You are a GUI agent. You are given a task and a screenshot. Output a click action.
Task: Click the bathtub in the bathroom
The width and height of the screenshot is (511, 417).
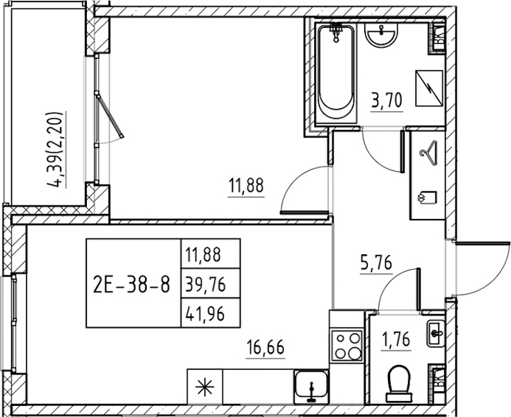coord(336,73)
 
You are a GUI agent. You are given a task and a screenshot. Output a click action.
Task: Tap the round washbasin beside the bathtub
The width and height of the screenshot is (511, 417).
coord(382,36)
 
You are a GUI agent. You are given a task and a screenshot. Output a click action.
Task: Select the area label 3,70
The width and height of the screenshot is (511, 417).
coord(387,100)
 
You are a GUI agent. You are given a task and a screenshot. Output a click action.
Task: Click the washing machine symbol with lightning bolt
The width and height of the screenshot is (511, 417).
coord(429,88)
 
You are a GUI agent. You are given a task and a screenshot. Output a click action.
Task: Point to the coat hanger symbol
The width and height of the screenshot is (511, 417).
coord(428,152)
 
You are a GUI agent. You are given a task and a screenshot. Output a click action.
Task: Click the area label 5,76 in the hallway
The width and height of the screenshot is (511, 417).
coord(375,263)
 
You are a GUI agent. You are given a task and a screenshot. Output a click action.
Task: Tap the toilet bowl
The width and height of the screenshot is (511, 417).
coord(399,384)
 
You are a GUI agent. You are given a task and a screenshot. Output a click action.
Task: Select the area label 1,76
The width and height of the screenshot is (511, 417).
coord(395,339)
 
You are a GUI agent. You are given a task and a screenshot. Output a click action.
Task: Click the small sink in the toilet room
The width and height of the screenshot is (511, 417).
coord(436,334)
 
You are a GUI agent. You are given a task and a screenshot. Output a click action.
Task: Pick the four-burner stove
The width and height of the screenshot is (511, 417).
coord(347,346)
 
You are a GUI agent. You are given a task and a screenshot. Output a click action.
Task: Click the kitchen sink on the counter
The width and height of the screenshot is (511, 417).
coord(311,386)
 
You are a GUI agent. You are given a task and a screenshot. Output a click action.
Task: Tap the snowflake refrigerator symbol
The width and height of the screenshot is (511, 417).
coord(205,387)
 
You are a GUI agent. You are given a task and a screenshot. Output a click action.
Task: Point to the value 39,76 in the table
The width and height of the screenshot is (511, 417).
coord(205,286)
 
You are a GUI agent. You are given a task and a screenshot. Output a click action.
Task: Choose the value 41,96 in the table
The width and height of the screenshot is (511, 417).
coord(205,314)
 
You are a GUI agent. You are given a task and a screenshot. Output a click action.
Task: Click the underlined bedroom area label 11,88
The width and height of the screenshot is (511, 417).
coord(246,186)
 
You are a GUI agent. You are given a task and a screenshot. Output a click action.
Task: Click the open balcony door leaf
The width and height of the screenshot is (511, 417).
coord(110,115)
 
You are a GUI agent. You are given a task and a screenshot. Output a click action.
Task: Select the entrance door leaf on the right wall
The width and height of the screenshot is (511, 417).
coord(483,243)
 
